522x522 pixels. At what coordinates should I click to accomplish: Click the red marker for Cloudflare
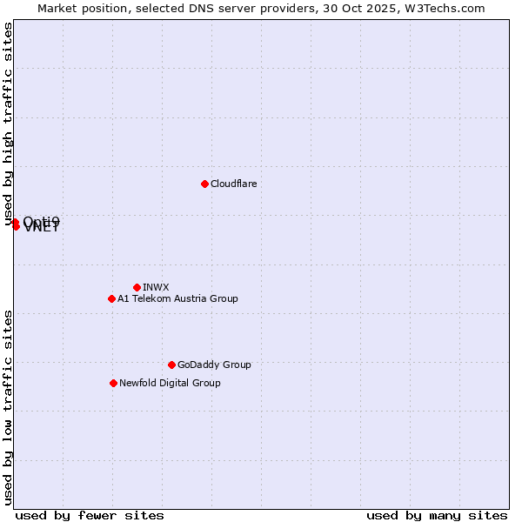point(204,184)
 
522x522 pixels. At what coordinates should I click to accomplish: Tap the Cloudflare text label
point(234,184)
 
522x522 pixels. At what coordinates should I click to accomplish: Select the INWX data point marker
point(137,287)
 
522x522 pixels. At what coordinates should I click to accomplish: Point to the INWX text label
point(156,287)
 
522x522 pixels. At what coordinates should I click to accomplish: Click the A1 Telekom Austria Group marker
point(111,298)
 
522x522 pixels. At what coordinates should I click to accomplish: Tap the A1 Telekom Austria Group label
point(177,298)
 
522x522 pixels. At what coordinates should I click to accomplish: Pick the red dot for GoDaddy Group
point(171,365)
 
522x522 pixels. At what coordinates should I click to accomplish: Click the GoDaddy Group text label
point(214,365)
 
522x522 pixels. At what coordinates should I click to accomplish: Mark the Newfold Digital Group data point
point(113,383)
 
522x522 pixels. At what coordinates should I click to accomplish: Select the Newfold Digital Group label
point(170,383)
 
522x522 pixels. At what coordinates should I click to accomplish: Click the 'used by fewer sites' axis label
point(90,515)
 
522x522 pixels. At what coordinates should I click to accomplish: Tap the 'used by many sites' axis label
point(437,515)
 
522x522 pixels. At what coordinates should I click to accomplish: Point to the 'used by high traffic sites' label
point(9,124)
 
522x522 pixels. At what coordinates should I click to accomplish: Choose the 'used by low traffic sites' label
point(9,407)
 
